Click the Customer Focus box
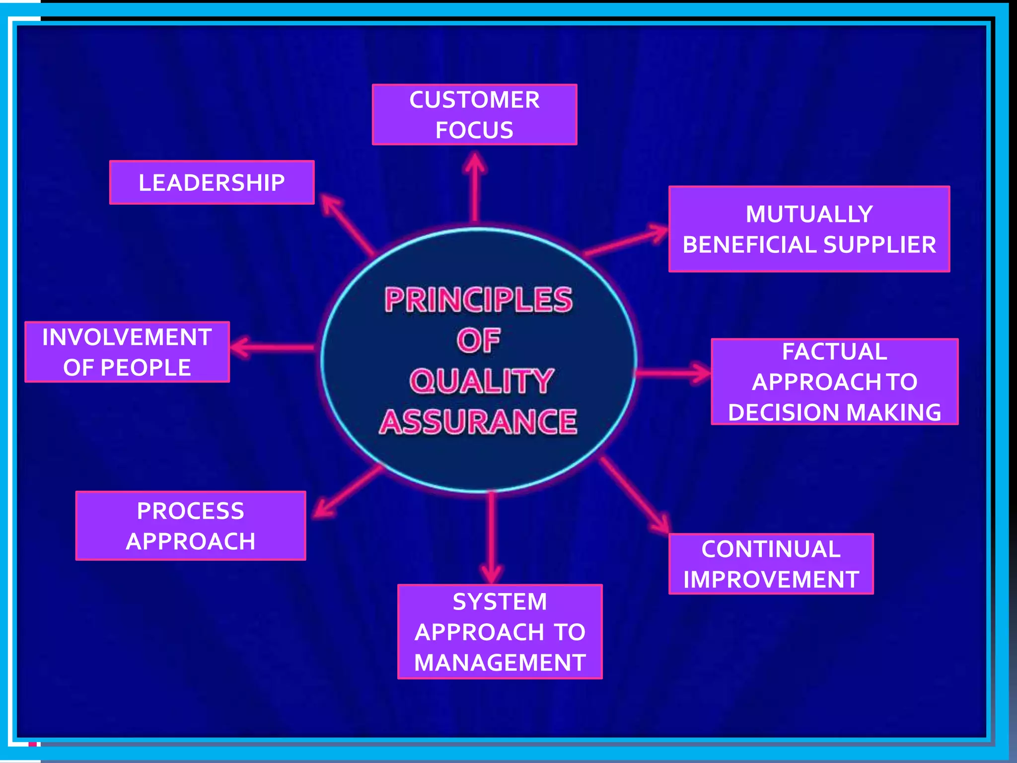[x=474, y=115]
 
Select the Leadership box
[x=212, y=182]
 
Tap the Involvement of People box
[x=127, y=352]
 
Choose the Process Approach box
[x=191, y=526]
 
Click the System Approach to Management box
[x=500, y=631]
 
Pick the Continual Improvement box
[x=771, y=564]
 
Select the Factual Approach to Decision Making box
[x=834, y=381]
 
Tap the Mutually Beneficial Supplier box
[x=809, y=229]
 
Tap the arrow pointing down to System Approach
[x=492, y=536]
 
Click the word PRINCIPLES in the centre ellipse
[x=479, y=300]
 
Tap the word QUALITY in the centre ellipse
[x=481, y=381]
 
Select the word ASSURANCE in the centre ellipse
[x=478, y=422]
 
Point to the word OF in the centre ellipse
[x=478, y=341]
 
